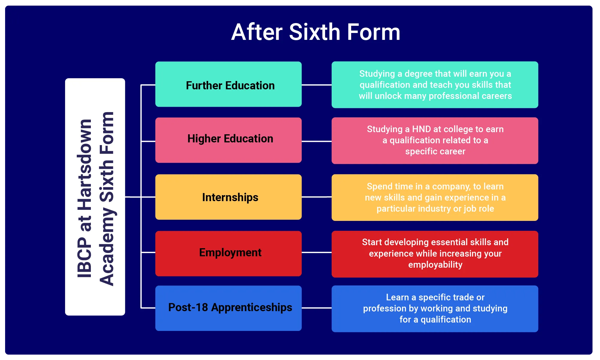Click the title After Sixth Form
tap(316, 32)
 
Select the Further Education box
tap(228, 84)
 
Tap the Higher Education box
tap(228, 140)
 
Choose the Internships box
tap(228, 197)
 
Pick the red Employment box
tap(228, 254)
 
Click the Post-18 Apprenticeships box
tap(228, 308)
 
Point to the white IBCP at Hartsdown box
tap(95, 197)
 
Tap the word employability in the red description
tap(435, 265)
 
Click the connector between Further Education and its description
tap(317, 85)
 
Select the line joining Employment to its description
tap(317, 253)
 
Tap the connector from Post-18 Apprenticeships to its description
tap(317, 308)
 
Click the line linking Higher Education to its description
tap(317, 141)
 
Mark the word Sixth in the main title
tap(315, 32)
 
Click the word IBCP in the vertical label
tap(85, 258)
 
